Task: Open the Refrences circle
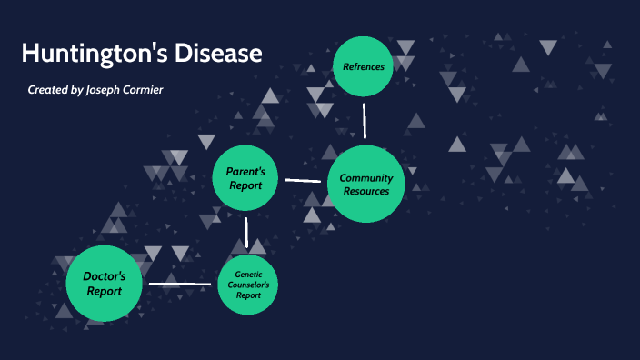click(x=363, y=66)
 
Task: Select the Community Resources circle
click(x=365, y=185)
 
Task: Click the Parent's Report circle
click(x=245, y=178)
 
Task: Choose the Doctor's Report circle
click(x=105, y=284)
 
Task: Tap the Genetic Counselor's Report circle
click(x=248, y=285)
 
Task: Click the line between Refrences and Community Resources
click(x=365, y=120)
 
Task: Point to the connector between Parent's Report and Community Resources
click(x=303, y=180)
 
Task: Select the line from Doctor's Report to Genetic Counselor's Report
click(x=180, y=285)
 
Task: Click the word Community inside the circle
click(x=365, y=178)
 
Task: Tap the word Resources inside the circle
click(x=365, y=191)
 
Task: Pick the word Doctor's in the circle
click(x=105, y=276)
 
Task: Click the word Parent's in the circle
click(x=245, y=172)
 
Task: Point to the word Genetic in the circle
click(x=248, y=274)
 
